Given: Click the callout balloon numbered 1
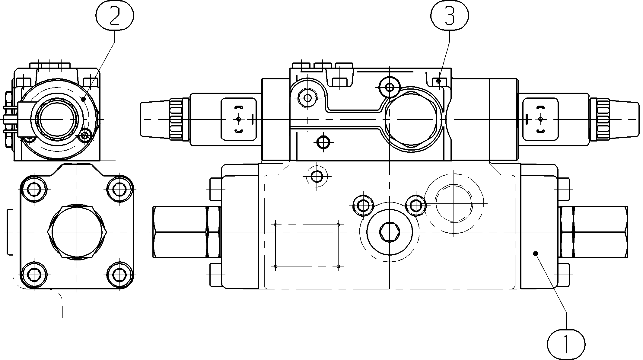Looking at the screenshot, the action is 566,344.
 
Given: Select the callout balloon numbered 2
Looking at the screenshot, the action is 115,15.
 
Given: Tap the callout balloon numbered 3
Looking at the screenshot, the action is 450,15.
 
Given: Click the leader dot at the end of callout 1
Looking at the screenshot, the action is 536,254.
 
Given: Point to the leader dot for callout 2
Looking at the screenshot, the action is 84,99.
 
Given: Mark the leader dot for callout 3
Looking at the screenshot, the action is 439,81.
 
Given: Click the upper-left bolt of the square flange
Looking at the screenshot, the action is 34,190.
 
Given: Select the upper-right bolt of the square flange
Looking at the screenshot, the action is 120,190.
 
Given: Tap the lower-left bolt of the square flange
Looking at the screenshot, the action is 34,275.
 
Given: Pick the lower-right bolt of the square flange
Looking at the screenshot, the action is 120,275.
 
